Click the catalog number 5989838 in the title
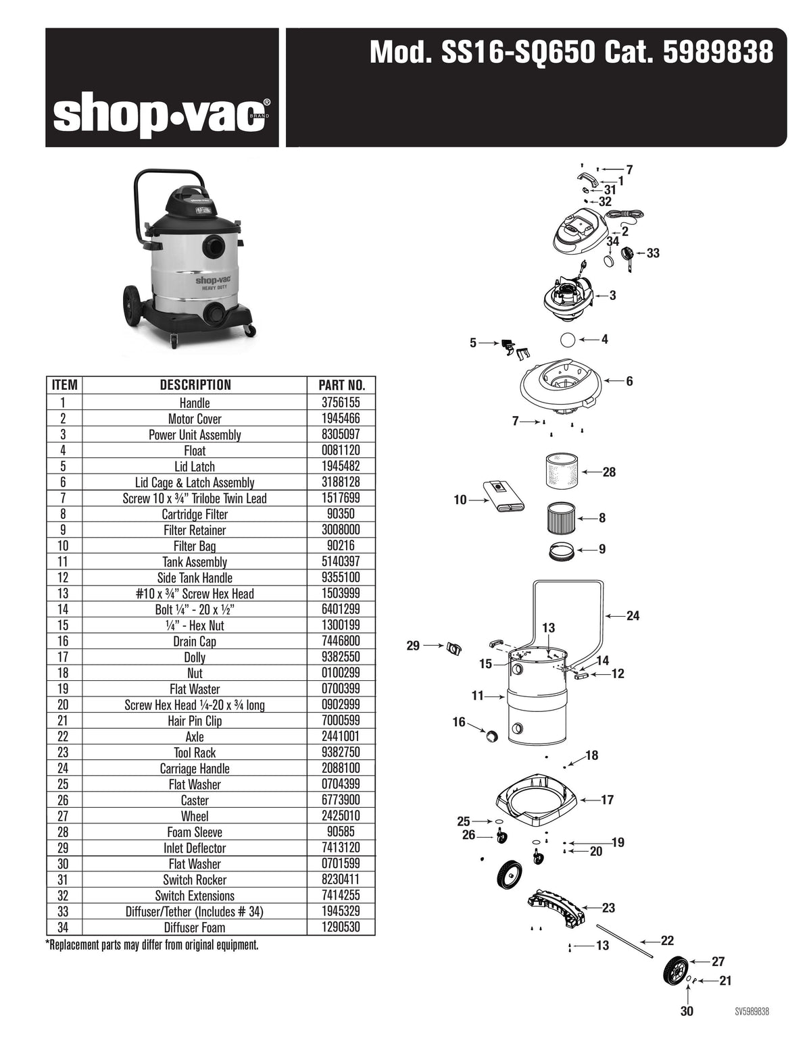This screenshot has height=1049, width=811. coord(717,52)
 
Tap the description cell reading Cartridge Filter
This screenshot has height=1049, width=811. coord(195,515)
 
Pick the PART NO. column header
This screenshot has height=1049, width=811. coord(341,386)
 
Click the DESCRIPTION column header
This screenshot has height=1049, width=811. coord(195,386)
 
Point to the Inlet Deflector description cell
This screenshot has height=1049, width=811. coord(195,848)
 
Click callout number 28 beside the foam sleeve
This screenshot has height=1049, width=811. coord(609,472)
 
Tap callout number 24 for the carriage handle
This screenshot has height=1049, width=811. coord(633,615)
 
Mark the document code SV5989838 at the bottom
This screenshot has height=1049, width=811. coord(752,1011)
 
